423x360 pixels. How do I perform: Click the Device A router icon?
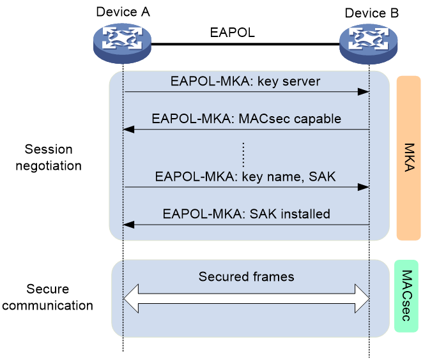122,43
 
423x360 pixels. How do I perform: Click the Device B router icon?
368,44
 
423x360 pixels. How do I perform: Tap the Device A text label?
123,12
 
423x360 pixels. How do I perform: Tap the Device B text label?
372,13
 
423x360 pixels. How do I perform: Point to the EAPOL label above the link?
233,33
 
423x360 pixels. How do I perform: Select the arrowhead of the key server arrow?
364,92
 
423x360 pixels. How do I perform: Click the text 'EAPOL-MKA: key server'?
245,81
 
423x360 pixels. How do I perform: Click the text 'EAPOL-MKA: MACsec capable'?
246,119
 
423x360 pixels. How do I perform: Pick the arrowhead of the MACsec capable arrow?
128,130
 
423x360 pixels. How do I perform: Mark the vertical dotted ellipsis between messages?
243,154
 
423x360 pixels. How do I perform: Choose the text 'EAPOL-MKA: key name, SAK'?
245,177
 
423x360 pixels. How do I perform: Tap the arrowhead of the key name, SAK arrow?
364,187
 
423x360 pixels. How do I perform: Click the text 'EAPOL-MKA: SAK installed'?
246,214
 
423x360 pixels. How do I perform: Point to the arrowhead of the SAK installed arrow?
128,225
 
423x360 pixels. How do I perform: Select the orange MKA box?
409,158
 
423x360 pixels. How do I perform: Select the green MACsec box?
406,296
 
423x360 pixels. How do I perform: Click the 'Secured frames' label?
246,277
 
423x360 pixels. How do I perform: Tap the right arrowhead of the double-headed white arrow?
362,299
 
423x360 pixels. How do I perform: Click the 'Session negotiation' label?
49,158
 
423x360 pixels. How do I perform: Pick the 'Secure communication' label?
47,297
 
